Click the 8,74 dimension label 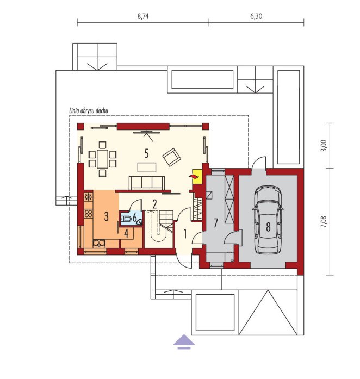click(x=143, y=16)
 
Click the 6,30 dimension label click(x=256, y=16)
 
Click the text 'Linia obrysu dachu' click(x=89, y=111)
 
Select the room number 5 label click(x=146, y=153)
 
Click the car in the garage click(x=268, y=220)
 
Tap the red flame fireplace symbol click(x=193, y=177)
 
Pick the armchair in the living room click(x=172, y=157)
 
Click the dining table click(x=103, y=159)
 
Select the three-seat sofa click(x=147, y=183)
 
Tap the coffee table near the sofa click(x=147, y=167)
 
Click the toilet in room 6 click(x=126, y=219)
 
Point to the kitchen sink click(x=99, y=243)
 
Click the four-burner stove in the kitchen click(x=89, y=214)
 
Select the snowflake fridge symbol click(x=89, y=197)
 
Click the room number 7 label click(x=216, y=222)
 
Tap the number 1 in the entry click(x=185, y=234)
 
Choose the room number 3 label click(x=106, y=216)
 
